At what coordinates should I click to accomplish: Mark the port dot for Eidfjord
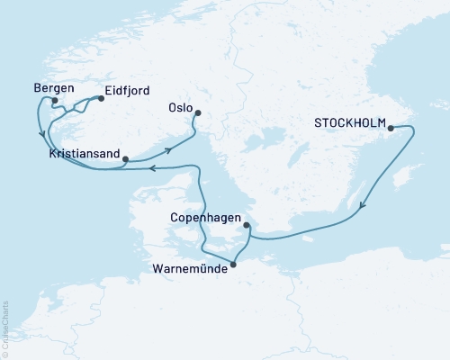point(95,101)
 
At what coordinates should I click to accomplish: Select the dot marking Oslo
point(198,113)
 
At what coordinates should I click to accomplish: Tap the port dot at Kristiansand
point(125,159)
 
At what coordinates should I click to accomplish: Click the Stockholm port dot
point(391,129)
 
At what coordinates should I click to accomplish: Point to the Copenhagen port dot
point(247,227)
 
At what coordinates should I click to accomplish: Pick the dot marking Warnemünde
point(234,264)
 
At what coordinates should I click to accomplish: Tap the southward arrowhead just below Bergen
point(42,136)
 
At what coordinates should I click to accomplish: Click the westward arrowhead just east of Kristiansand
point(152,167)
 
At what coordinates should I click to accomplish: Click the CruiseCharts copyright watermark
point(5,329)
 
